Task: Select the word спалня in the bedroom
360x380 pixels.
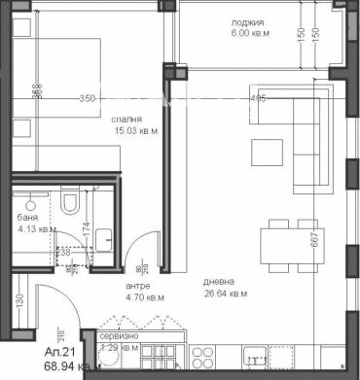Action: point(113,120)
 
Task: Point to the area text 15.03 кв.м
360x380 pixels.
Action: point(118,131)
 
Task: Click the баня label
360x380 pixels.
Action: point(28,219)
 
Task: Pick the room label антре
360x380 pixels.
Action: point(137,286)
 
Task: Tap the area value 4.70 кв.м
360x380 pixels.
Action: point(145,297)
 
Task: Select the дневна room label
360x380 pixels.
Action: point(219,283)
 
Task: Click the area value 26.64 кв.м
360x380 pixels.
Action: point(225,294)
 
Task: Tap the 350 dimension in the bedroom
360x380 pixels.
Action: point(89,98)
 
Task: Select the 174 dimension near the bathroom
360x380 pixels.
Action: point(88,233)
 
